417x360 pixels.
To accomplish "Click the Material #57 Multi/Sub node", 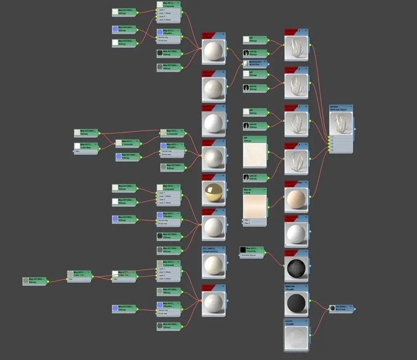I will pyautogui.click(x=256, y=63).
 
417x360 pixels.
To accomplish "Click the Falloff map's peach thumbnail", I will pyautogui.click(x=255, y=206).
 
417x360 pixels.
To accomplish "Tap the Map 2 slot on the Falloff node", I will pyautogui.click(x=248, y=223).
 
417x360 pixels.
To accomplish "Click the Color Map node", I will pyautogui.click(x=85, y=146).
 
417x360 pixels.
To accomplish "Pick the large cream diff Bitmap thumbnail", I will pyautogui.click(x=255, y=155).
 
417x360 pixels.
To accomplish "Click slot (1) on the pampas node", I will pyautogui.click(x=332, y=137).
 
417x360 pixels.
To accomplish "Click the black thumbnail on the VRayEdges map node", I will pyautogui.click(x=242, y=250).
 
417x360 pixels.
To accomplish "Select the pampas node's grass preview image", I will pyautogui.click(x=341, y=123).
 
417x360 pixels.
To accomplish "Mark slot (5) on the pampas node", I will pyautogui.click(x=332, y=150).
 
